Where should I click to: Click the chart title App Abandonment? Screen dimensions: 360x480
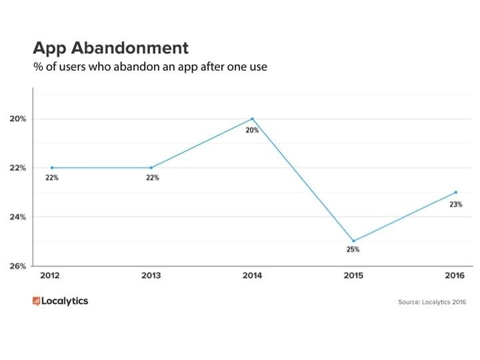coord(111,48)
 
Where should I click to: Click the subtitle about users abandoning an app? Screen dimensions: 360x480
coord(150,67)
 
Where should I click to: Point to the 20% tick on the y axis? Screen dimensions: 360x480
coord(18,119)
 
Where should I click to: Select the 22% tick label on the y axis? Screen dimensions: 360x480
coord(18,168)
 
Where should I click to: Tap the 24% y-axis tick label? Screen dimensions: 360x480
coord(18,217)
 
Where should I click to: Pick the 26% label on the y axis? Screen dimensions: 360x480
coord(18,266)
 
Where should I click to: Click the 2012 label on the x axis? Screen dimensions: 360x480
coord(51,275)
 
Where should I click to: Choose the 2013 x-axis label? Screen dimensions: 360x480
coord(151,275)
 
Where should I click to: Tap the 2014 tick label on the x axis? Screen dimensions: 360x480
coord(252,275)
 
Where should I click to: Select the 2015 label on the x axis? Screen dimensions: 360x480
coord(353,275)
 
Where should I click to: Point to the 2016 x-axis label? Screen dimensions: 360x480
coord(454,275)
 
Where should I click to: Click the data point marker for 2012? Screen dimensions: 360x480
coord(51,168)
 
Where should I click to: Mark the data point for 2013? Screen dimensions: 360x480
coord(151,168)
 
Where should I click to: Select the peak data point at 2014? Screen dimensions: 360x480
coord(252,119)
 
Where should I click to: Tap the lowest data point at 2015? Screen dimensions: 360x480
coord(353,241)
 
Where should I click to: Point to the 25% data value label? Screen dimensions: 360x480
coord(353,250)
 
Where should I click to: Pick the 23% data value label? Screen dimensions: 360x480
coord(455,205)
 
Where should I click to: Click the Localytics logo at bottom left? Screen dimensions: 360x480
coord(60,301)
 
